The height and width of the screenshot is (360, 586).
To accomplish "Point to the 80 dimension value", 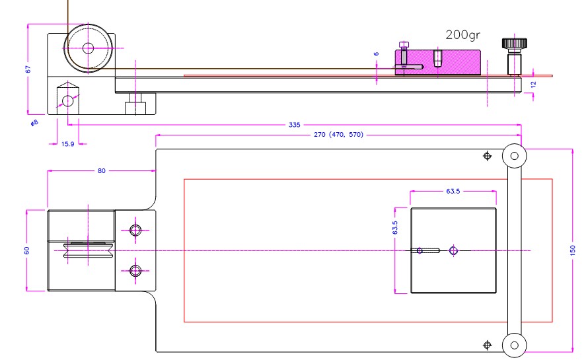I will tap(101, 170).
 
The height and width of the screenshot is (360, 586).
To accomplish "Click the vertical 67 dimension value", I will tap(28, 69).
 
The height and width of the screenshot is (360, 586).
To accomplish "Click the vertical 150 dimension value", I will tap(572, 250).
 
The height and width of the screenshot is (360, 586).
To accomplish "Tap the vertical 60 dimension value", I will tap(27, 250).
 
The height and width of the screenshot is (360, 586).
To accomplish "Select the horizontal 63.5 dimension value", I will tap(453, 192).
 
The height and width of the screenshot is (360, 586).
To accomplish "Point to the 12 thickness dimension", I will tap(533, 83).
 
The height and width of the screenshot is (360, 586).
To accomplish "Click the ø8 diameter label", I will tap(34, 123).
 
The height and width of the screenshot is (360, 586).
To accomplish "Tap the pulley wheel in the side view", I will tap(87, 47).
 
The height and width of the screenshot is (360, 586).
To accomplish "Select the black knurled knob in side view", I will tap(514, 44).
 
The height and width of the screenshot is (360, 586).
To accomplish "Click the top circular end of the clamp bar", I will tap(514, 156).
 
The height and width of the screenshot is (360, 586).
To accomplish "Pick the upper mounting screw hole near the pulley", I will tap(136, 230).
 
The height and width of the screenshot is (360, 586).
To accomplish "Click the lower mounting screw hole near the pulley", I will tap(136, 270).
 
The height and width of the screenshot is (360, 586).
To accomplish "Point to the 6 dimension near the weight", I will tap(376, 54).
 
